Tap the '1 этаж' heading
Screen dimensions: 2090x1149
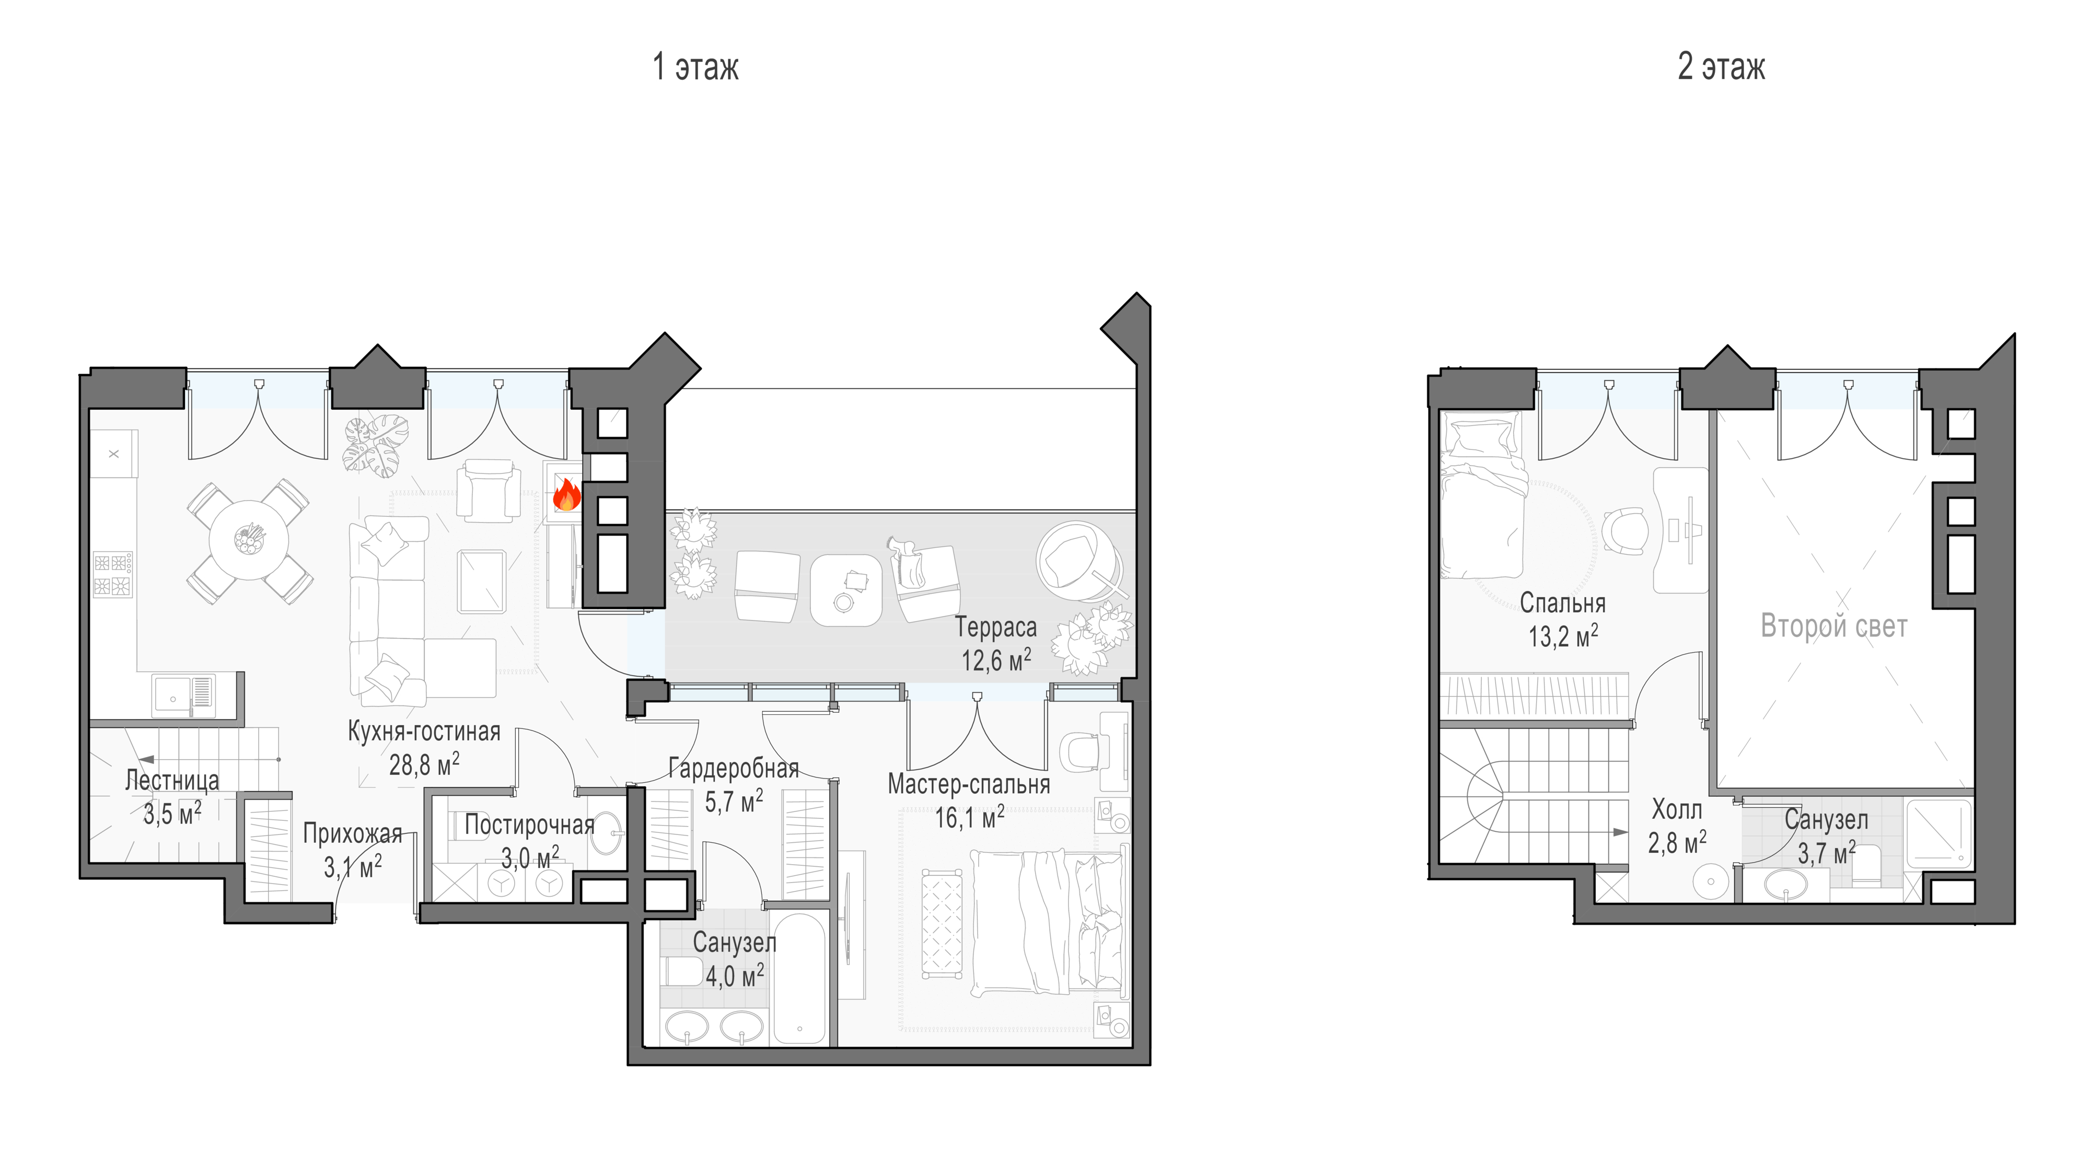[695, 66]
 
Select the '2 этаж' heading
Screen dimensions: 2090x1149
[1721, 66]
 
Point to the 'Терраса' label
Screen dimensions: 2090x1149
[995, 627]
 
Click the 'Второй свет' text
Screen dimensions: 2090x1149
[1833, 626]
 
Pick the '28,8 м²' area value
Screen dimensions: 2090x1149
[424, 763]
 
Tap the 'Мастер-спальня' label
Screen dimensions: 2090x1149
[969, 784]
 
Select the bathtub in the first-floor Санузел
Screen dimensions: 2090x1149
[800, 977]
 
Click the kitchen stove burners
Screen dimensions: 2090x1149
[113, 575]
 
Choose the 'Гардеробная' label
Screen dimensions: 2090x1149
[734, 768]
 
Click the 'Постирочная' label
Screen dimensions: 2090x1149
[529, 825]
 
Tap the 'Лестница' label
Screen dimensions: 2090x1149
[172, 781]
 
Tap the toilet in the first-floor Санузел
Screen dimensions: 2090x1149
[681, 970]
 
